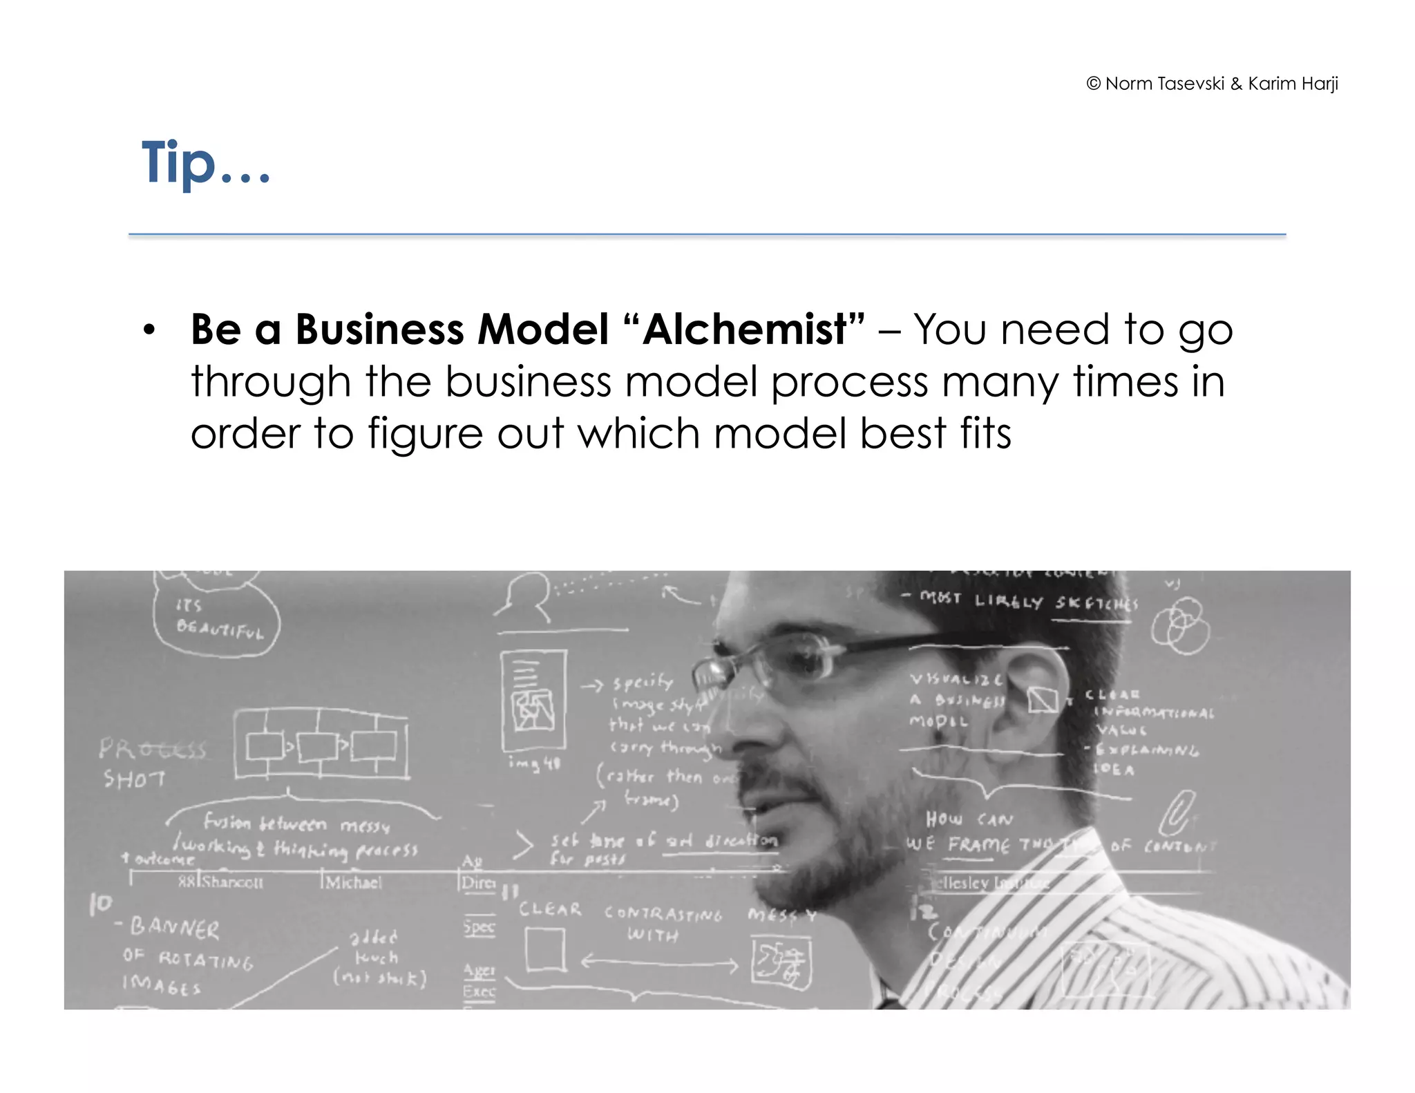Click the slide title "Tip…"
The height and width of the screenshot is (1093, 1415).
coord(205,163)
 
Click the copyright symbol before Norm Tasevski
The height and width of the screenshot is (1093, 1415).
coord(1093,84)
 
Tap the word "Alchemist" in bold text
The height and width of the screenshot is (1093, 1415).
coord(744,329)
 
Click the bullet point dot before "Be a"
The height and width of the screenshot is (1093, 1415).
coord(149,330)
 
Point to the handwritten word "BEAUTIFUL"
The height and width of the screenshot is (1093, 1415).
coord(220,628)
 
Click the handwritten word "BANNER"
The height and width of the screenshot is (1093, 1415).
coord(175,927)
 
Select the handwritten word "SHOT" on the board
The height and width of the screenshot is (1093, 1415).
coord(134,779)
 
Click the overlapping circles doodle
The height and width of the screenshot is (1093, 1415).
coord(1180,626)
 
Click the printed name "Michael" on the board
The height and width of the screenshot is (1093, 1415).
coord(353,882)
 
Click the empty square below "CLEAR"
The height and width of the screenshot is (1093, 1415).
coord(545,949)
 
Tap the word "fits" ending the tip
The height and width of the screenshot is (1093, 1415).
coord(985,434)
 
